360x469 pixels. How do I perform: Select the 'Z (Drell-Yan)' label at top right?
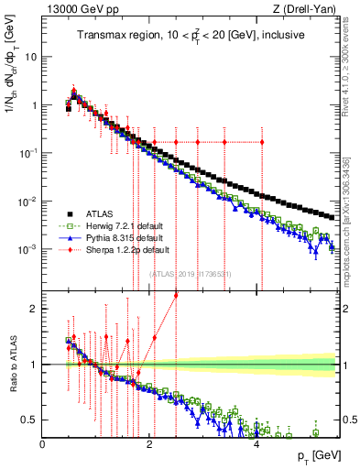point(307,9)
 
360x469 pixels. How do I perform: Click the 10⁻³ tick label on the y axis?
point(29,249)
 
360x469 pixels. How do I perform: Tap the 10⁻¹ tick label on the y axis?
point(29,153)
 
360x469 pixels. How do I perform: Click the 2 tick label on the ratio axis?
point(36,309)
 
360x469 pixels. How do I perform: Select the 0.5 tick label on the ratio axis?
point(32,420)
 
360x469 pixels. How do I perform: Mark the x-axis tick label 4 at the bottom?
point(256,444)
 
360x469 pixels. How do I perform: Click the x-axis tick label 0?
point(43,444)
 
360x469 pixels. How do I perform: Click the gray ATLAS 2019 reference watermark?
point(190,273)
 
